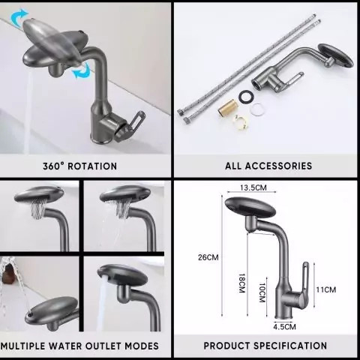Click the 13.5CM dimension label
[253, 187]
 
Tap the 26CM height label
[208, 257]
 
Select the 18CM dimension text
[241, 283]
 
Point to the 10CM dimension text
[262, 292]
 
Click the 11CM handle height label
[326, 289]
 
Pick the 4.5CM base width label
[284, 327]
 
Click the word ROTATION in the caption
[92, 166]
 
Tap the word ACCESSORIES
[278, 166]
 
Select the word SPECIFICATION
[290, 346]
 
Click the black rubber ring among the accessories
[247, 95]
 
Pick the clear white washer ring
[257, 109]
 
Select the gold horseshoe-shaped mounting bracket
[241, 121]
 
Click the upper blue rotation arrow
[19, 17]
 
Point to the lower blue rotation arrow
[82, 70]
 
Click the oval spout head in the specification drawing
[250, 207]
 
